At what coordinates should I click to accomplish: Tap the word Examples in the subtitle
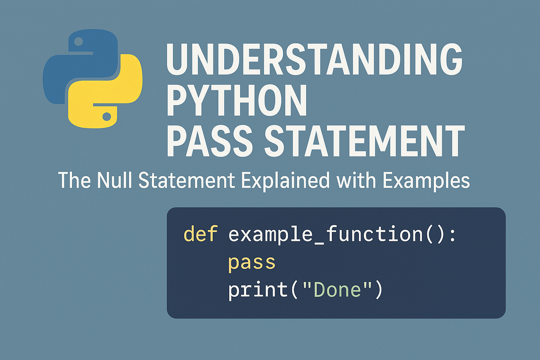coord(426,181)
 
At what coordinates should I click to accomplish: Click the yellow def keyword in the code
coord(200,234)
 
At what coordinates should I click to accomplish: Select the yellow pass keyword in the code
coord(251,262)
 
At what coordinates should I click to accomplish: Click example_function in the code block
coord(326,235)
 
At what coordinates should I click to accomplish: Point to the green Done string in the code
coord(337,290)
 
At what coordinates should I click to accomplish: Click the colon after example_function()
coord(452,235)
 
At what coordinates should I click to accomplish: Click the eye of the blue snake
coord(78,41)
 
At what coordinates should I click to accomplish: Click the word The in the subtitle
coord(74,180)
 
